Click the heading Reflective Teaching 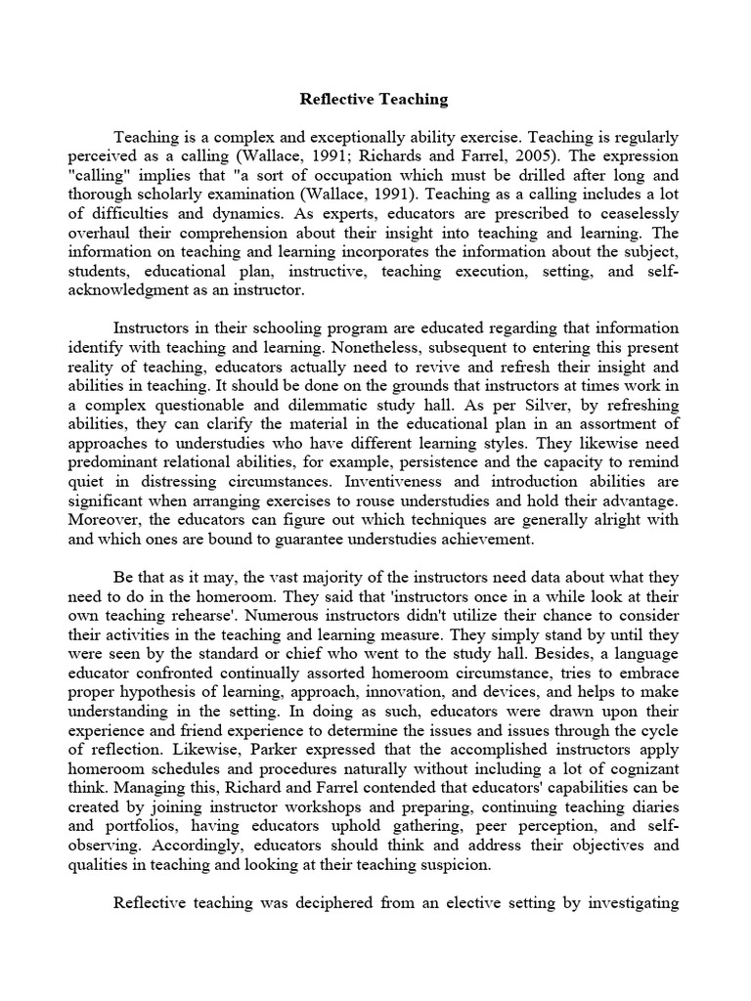pos(375,99)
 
